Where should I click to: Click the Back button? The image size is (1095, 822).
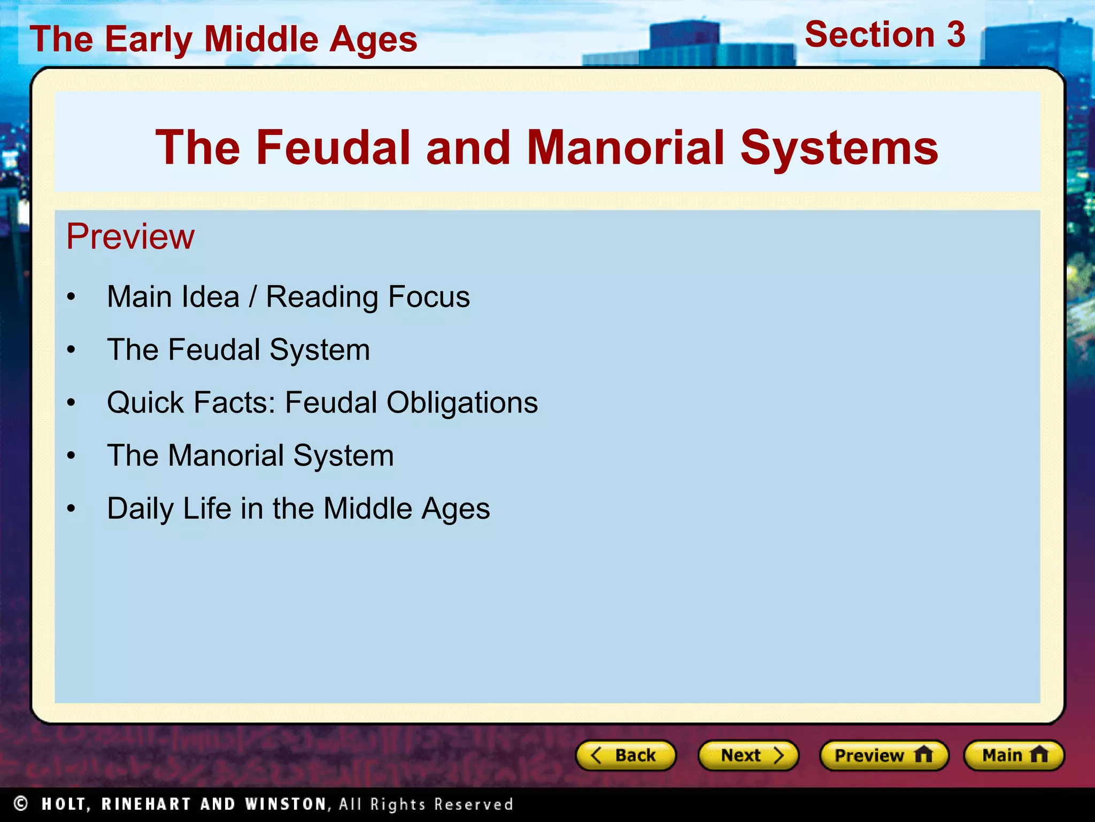pyautogui.click(x=625, y=755)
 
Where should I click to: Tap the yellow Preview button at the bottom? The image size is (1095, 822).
pyautogui.click(x=884, y=755)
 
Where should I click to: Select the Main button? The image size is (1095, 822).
pyautogui.click(x=1014, y=755)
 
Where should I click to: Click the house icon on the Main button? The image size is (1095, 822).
pyautogui.click(x=1039, y=755)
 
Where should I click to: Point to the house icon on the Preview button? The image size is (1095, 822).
pyautogui.click(x=923, y=755)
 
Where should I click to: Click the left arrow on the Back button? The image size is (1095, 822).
pyautogui.click(x=596, y=755)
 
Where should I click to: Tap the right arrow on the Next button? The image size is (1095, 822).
pyautogui.click(x=778, y=755)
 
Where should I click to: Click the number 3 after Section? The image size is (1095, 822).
pyautogui.click(x=955, y=35)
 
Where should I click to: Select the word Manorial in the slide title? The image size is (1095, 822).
pyautogui.click(x=626, y=147)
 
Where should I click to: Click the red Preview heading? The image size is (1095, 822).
pyautogui.click(x=130, y=236)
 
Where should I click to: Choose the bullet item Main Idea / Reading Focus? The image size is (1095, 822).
pyautogui.click(x=288, y=296)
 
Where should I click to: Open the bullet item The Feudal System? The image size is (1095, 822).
pyautogui.click(x=238, y=349)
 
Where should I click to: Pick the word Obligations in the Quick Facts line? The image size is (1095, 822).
pyautogui.click(x=462, y=402)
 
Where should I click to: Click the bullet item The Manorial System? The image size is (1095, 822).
pyautogui.click(x=250, y=455)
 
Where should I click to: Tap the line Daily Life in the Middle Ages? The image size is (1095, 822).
pyautogui.click(x=298, y=508)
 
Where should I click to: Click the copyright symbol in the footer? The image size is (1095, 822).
pyautogui.click(x=21, y=803)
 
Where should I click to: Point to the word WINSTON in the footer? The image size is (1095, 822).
pyautogui.click(x=286, y=804)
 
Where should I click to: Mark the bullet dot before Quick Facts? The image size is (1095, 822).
pyautogui.click(x=71, y=403)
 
